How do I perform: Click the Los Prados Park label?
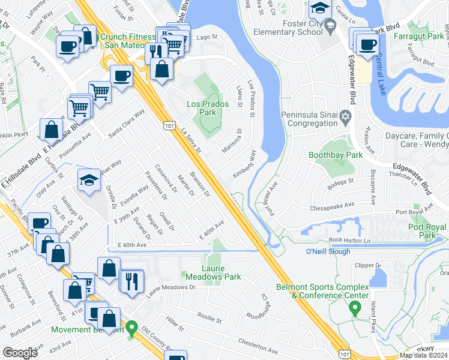click(201, 108)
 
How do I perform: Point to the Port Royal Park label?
click(427, 232)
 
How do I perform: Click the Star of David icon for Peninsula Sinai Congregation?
click(345, 115)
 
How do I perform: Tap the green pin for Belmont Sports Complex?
click(355, 309)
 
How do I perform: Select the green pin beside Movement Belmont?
click(132, 329)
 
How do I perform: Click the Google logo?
click(20, 353)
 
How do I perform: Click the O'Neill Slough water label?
click(328, 251)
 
